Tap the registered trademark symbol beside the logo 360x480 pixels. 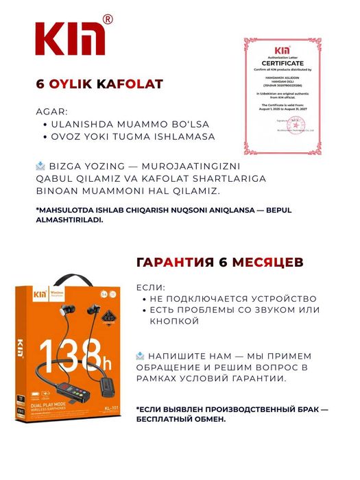click(108, 21)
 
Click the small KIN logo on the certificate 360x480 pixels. click(282, 50)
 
